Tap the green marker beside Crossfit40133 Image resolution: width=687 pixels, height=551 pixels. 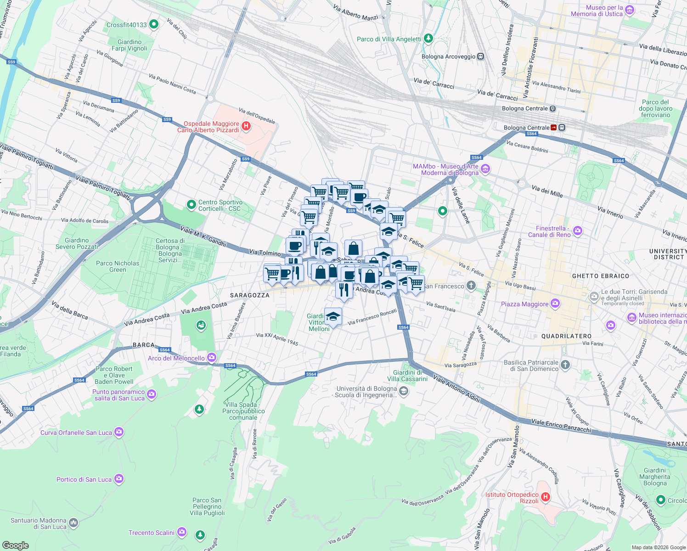[x=154, y=24]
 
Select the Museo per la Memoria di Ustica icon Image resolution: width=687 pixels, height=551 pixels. [x=630, y=10]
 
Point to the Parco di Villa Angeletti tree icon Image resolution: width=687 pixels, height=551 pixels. [x=428, y=39]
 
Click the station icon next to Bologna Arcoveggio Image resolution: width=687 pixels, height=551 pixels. [x=480, y=56]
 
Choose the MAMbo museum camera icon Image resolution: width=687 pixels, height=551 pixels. [x=485, y=169]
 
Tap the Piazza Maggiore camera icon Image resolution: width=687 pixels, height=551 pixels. [x=555, y=304]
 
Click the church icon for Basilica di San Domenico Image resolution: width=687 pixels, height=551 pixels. [x=565, y=365]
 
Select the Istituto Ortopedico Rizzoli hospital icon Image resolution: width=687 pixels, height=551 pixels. [x=546, y=497]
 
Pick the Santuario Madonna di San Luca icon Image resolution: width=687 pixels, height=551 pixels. [x=73, y=523]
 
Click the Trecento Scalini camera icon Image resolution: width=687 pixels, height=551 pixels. [x=181, y=532]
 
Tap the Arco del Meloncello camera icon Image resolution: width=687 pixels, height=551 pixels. [x=211, y=357]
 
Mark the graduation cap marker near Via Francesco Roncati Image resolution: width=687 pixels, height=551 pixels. [x=333, y=316]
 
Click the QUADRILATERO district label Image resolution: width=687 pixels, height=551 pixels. [x=566, y=336]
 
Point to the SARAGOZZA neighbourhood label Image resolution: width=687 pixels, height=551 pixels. [x=249, y=295]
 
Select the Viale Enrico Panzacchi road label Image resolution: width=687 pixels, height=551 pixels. [x=561, y=426]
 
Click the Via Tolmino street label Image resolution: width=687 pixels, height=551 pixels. [x=265, y=253]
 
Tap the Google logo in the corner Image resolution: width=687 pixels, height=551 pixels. [x=16, y=545]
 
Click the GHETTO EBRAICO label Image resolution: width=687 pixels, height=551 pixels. [x=600, y=276]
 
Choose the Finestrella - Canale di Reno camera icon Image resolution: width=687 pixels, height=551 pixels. [x=578, y=231]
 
